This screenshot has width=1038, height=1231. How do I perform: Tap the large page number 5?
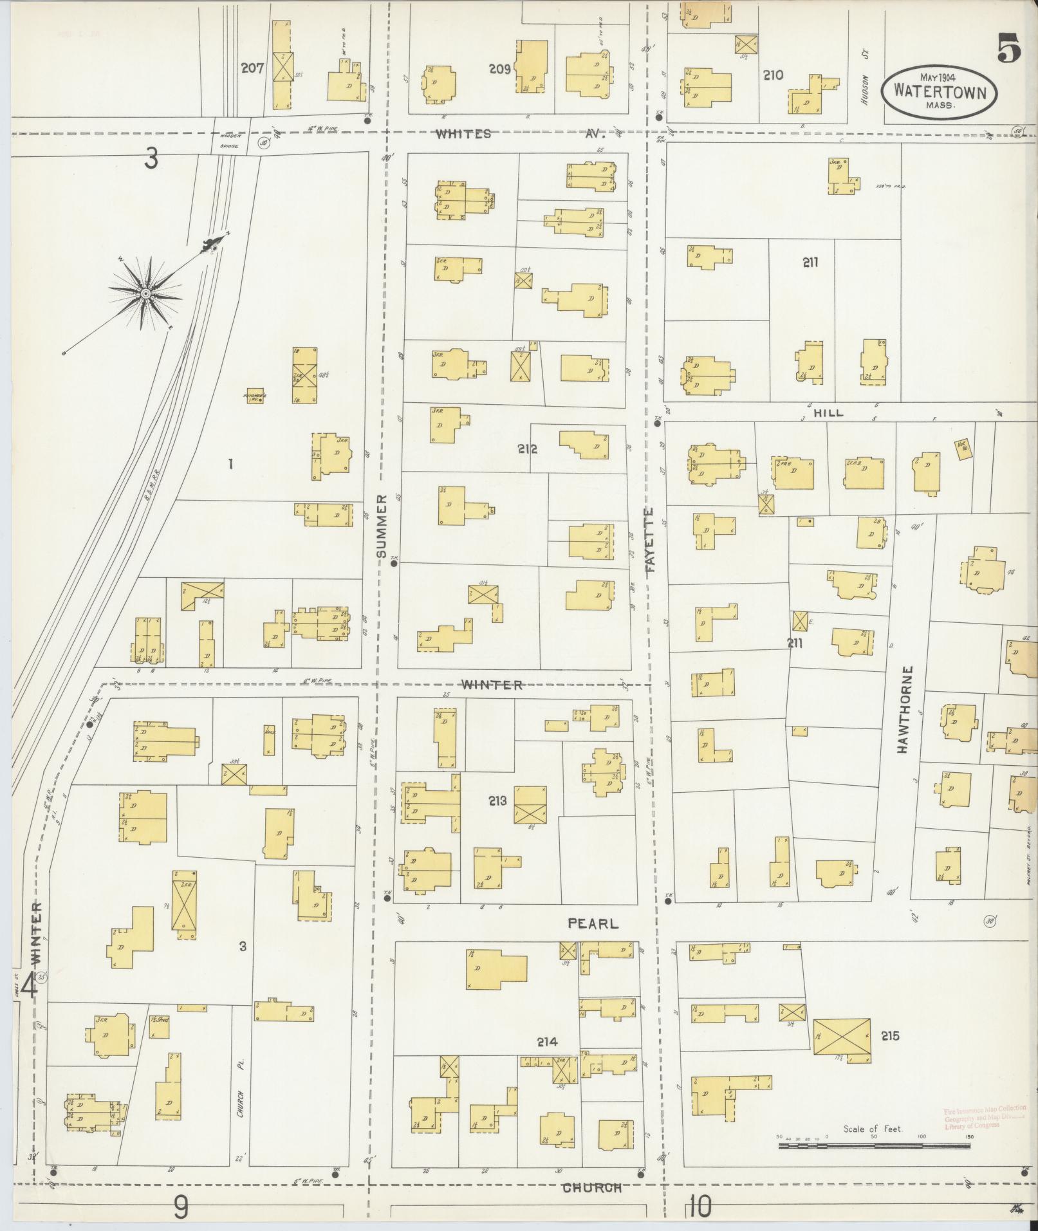pyautogui.click(x=1009, y=49)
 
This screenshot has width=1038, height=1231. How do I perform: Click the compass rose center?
pyautogui.click(x=146, y=293)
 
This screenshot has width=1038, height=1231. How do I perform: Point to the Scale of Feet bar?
pyautogui.click(x=876, y=1146)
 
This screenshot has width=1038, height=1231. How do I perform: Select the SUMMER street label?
pyautogui.click(x=381, y=526)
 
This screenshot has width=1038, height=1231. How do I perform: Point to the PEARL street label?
pyautogui.click(x=593, y=923)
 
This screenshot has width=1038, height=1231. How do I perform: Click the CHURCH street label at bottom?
pyautogui.click(x=592, y=1188)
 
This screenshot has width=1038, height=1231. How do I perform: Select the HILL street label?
pyautogui.click(x=828, y=413)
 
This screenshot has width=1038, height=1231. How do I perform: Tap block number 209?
pyautogui.click(x=499, y=69)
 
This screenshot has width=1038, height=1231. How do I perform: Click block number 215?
pyautogui.click(x=890, y=1036)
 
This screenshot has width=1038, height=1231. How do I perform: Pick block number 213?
pyautogui.click(x=497, y=801)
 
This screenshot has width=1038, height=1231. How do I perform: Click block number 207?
pyautogui.click(x=252, y=68)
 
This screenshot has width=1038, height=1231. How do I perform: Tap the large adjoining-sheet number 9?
pyautogui.click(x=181, y=1207)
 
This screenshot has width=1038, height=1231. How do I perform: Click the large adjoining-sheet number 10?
pyautogui.click(x=700, y=1207)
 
